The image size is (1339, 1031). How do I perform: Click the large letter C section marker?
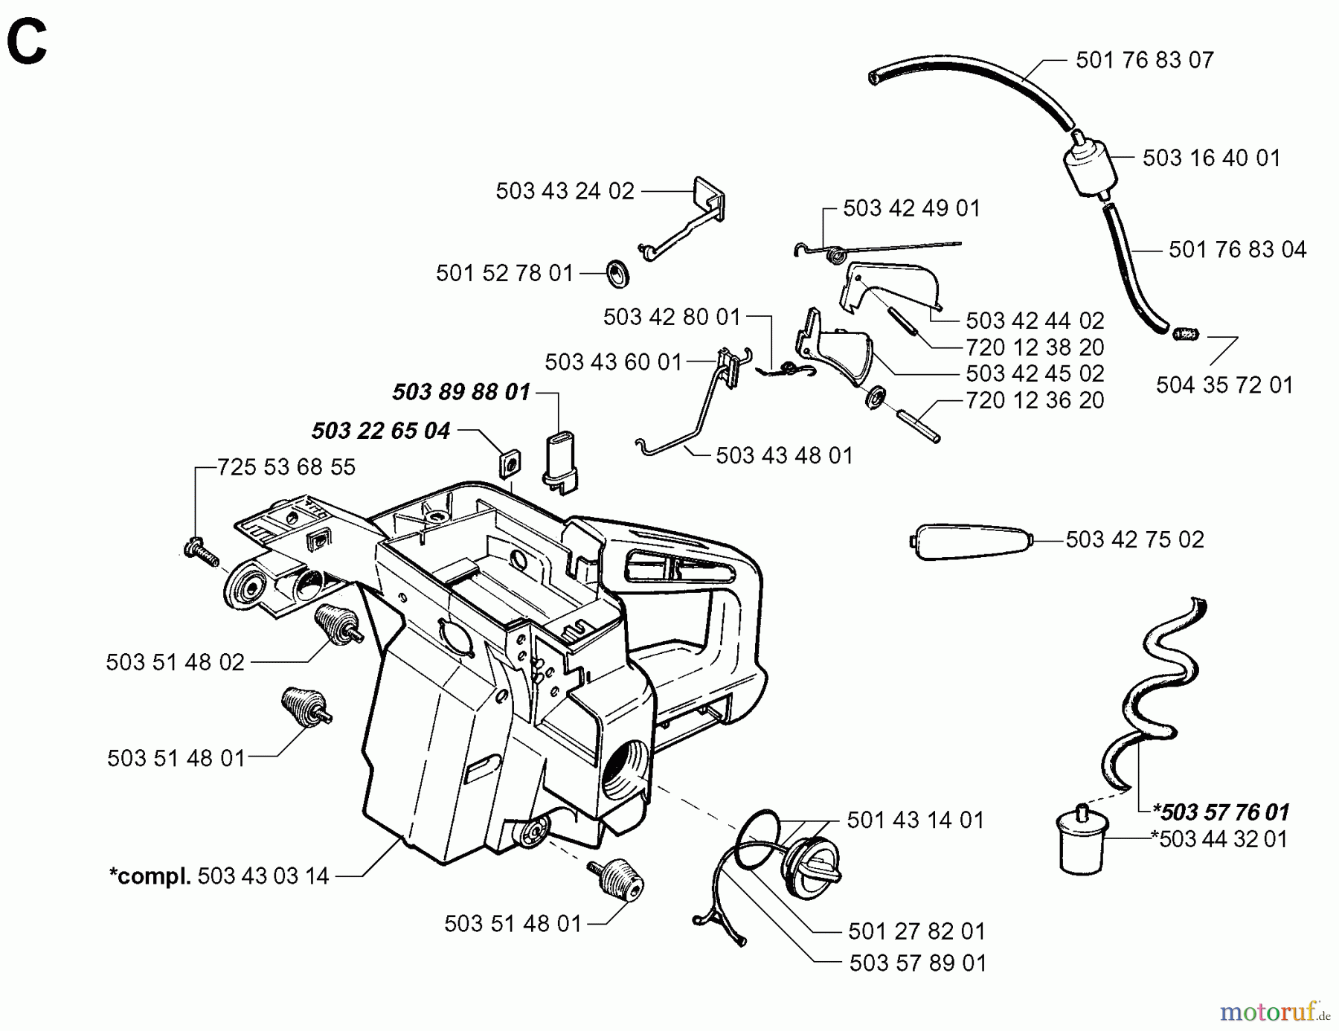coord(27,42)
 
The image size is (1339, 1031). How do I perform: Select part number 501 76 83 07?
coord(1144,60)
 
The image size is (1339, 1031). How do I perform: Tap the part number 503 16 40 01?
coord(1211,158)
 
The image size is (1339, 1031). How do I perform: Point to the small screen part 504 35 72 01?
coord(1186,333)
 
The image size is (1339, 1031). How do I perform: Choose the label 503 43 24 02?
coord(565,192)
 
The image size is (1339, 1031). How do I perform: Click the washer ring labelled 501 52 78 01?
coord(617,273)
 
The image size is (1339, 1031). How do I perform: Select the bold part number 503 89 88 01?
coord(460,392)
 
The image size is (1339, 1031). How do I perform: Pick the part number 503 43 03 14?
coord(263,876)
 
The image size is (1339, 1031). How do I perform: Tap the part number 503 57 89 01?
coord(917,963)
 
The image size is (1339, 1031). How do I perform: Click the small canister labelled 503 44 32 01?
coord(1082,841)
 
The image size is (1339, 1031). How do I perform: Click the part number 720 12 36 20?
coord(1034,401)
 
